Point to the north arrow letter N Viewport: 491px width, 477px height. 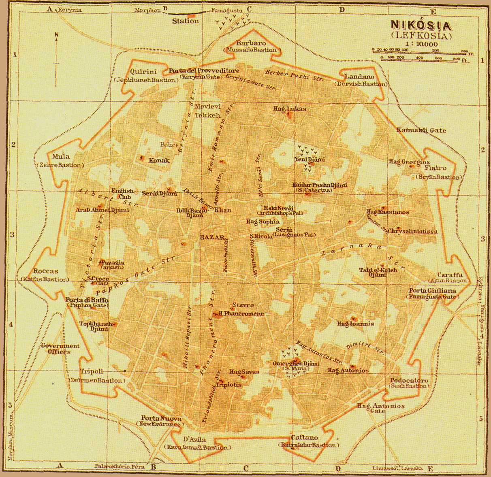point(57,35)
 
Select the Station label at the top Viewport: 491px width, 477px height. point(185,21)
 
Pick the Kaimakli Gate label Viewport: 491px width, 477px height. point(421,130)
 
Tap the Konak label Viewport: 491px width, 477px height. point(159,160)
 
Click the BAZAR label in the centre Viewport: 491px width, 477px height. point(212,238)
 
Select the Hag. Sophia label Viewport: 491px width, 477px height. point(263,221)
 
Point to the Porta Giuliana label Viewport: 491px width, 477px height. point(432,291)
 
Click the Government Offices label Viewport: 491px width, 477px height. point(60,349)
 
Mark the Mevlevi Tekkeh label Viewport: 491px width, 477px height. point(207,111)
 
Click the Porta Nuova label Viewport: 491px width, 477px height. point(156,418)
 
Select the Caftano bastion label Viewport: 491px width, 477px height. point(304,438)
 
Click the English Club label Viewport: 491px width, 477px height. point(122,193)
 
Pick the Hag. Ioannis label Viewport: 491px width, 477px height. point(356,324)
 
